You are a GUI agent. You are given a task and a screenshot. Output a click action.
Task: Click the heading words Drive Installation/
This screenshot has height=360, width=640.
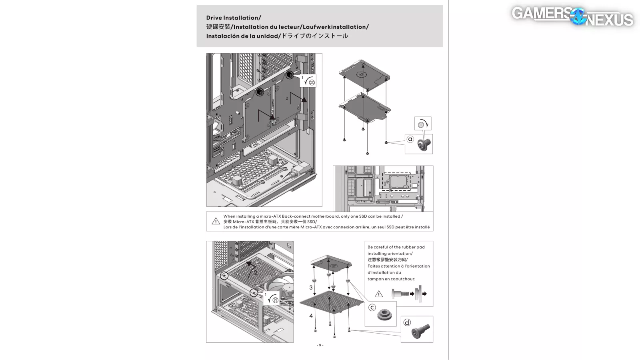point(234,18)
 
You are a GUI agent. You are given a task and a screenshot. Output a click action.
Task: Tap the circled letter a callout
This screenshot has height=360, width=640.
point(410,139)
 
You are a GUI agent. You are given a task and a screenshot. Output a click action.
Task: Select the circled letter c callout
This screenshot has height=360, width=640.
point(372,308)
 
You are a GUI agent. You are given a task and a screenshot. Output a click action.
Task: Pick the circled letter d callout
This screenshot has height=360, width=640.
point(407,322)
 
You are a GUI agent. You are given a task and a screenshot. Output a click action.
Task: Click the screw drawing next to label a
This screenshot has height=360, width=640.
point(424,144)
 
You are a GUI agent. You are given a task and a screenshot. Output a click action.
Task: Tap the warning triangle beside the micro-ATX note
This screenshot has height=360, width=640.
point(216,221)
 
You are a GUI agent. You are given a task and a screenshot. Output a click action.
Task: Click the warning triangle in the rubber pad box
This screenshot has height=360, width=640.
point(379,294)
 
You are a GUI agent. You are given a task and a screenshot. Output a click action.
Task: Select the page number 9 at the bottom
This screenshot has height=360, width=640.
point(320,345)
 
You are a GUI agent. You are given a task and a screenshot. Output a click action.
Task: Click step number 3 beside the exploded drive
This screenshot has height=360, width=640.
point(311,287)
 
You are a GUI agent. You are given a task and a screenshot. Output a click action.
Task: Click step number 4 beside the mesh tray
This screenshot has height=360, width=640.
point(311,316)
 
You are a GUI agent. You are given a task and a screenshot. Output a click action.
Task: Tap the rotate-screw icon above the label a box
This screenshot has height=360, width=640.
point(423,124)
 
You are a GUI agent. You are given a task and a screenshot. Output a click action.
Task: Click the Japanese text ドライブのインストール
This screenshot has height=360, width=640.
point(314,36)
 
